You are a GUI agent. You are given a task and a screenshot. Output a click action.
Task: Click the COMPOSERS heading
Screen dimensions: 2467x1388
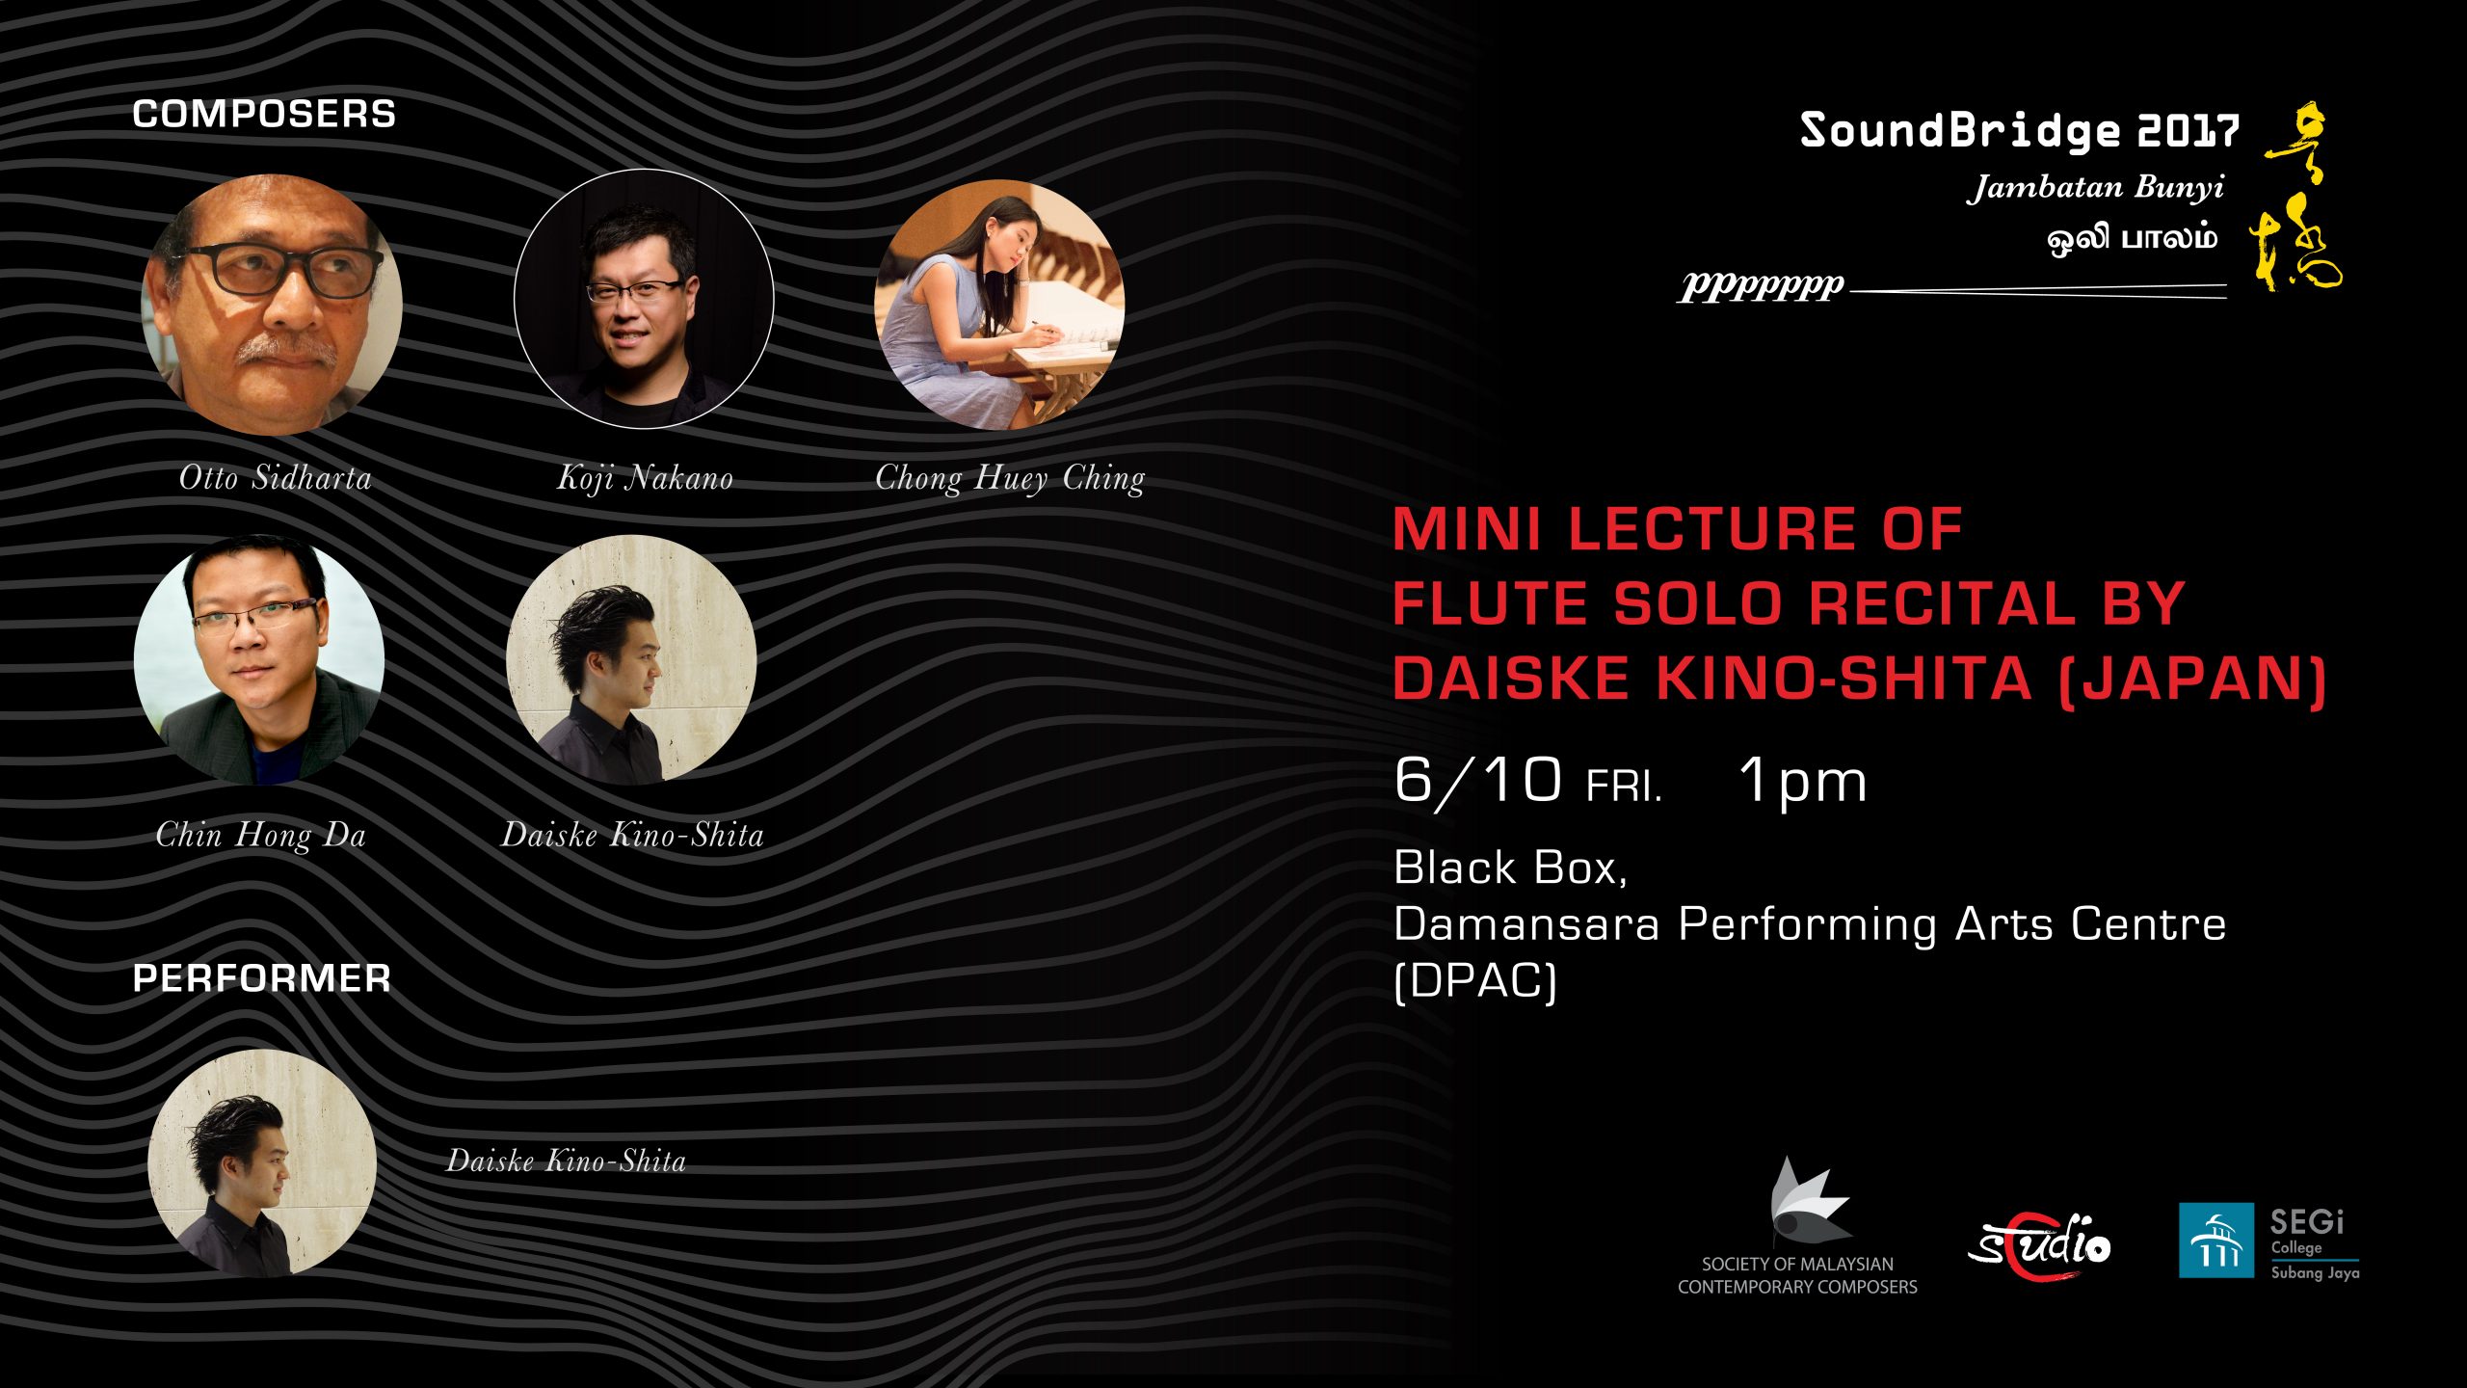coord(264,115)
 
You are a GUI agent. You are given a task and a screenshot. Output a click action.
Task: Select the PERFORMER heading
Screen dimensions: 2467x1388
coord(262,978)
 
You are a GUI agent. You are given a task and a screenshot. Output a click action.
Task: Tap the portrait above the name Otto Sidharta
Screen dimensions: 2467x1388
coord(272,305)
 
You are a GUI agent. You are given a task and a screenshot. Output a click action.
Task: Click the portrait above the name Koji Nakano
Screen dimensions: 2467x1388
coord(644,299)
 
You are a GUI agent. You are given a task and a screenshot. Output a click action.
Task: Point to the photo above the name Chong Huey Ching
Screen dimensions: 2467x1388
coord(999,305)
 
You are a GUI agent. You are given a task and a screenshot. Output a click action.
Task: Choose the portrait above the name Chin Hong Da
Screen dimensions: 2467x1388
coord(259,659)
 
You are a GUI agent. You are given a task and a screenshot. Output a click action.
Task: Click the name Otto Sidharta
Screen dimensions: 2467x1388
coord(276,477)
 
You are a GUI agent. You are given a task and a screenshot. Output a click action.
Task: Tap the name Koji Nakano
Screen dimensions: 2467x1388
coord(645,478)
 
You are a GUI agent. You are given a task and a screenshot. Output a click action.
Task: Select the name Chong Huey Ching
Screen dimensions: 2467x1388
coord(1010,478)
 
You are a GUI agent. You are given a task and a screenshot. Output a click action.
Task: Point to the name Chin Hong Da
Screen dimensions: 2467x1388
coord(261,835)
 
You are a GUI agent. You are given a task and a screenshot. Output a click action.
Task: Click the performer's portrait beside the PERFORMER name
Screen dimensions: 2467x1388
coord(262,1163)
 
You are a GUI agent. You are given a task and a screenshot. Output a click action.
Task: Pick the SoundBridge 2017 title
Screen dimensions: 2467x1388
coord(2020,131)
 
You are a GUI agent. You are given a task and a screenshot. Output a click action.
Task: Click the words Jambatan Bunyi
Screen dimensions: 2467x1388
coord(2096,187)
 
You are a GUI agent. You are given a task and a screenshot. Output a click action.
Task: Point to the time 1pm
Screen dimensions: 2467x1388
coord(1803,781)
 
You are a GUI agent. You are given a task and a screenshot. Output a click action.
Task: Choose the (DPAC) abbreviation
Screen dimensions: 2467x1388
coord(1475,981)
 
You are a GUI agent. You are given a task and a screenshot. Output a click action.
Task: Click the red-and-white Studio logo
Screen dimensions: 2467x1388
coord(2039,1245)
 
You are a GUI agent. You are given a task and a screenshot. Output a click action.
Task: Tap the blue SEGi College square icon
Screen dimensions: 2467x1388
coord(2216,1241)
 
